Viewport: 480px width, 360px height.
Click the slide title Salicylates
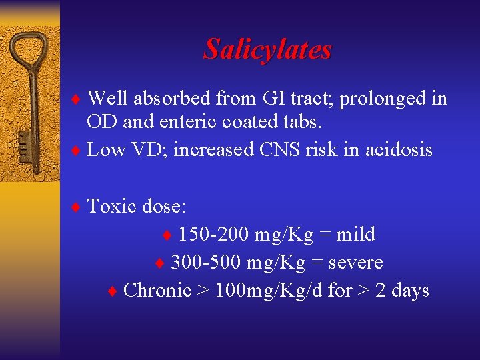point(267,49)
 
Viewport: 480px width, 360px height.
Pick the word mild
point(355,234)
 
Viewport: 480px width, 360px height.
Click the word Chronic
point(157,290)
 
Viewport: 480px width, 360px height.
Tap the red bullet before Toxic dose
point(75,207)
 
